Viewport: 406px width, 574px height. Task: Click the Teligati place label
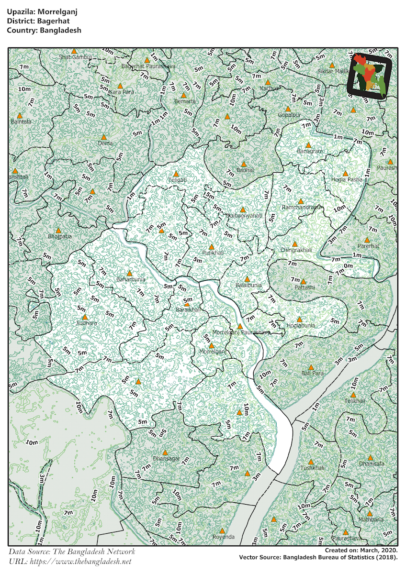177,180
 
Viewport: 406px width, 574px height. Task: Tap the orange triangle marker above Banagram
309,145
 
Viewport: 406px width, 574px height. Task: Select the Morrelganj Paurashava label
241,332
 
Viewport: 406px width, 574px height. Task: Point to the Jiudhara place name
86,323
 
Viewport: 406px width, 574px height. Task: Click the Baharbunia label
131,279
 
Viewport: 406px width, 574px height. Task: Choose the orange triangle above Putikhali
212,247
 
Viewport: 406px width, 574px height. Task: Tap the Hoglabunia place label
301,326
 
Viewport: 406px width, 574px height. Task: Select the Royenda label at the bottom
223,537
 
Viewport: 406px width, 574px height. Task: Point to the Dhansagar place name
166,458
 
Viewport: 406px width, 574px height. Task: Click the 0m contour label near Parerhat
348,266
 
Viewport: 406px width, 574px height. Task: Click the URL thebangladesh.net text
69,561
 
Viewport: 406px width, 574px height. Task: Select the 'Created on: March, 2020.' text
357,551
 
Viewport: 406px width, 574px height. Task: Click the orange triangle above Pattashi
303,281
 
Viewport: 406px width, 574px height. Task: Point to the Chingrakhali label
295,250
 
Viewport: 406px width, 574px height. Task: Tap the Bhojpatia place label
59,237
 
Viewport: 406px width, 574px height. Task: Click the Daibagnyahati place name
244,216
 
